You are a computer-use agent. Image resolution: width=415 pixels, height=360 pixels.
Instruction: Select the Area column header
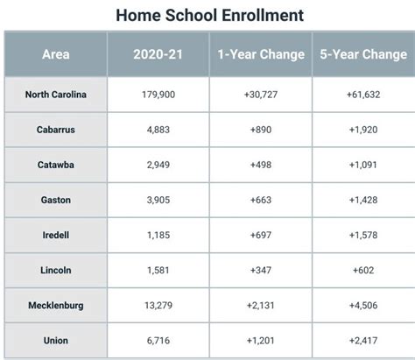tap(55, 54)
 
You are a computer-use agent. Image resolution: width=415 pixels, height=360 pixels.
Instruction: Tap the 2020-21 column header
tap(158, 54)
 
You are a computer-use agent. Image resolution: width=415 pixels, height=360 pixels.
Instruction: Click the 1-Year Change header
tap(261, 54)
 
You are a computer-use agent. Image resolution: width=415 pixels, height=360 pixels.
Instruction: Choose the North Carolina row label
tap(55, 94)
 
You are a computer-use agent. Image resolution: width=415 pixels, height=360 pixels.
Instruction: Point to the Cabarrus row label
tap(55, 129)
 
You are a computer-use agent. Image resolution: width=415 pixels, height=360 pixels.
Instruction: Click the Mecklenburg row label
tap(55, 305)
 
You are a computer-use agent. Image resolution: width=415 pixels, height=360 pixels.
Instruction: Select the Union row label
tap(55, 340)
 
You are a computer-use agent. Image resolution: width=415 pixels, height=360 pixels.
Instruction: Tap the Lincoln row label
tap(55, 270)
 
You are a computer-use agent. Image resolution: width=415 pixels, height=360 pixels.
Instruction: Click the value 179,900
tap(158, 94)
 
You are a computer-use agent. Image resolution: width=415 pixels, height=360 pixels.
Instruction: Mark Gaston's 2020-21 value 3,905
tap(158, 200)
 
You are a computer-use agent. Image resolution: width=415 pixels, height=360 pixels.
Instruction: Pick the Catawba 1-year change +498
tap(261, 164)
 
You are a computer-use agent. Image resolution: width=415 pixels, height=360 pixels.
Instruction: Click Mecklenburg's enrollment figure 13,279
tap(158, 305)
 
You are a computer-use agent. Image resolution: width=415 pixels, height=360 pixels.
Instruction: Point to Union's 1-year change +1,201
tap(261, 340)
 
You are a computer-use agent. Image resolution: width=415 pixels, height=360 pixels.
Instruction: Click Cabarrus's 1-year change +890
tap(261, 129)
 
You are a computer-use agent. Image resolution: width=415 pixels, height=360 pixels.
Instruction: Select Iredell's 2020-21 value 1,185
tap(158, 235)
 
